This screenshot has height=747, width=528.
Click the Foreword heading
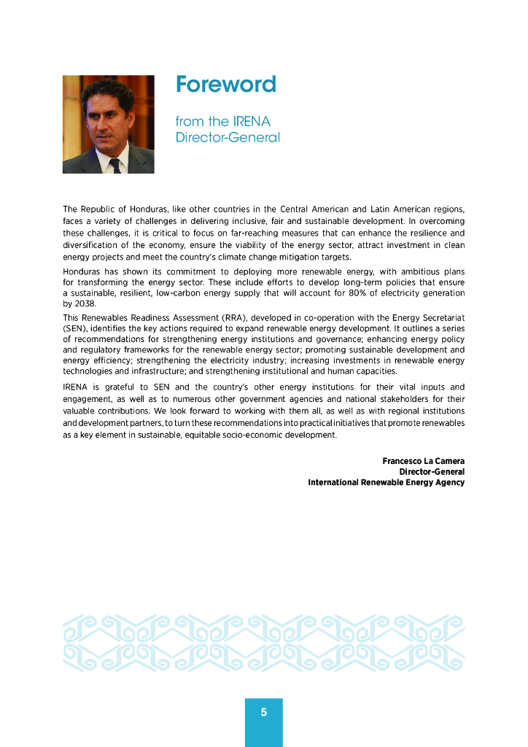pos(225,85)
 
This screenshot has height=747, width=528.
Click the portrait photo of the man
pos(108,124)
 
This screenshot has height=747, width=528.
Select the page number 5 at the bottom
pos(263,713)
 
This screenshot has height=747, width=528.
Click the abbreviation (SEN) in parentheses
pos(75,328)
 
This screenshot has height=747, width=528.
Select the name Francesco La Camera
pos(423,461)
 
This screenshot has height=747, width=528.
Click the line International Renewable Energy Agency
pos(386,482)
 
